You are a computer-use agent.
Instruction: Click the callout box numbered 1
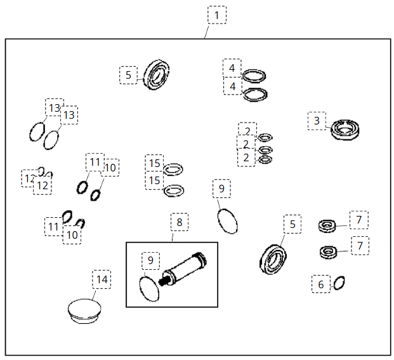tap(217, 15)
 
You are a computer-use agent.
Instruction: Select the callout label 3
tap(317, 121)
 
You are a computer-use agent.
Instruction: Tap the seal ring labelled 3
tap(346, 130)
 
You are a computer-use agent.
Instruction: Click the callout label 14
tap(102, 279)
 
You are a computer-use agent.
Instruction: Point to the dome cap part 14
tap(84, 312)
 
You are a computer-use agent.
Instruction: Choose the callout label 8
tap(179, 222)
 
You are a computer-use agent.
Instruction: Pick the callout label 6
tap(320, 284)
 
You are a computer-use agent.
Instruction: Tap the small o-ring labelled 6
tap(339, 281)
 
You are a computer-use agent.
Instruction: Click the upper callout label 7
tap(359, 220)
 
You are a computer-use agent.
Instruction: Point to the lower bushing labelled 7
tap(329, 251)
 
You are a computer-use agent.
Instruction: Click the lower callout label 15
tap(154, 181)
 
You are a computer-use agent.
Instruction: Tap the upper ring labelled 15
tap(173, 169)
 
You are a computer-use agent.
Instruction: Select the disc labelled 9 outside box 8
tap(228, 220)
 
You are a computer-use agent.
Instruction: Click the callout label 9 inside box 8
tap(150, 260)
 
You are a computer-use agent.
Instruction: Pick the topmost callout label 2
tap(247, 131)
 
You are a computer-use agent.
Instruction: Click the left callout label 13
tap(55, 107)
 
